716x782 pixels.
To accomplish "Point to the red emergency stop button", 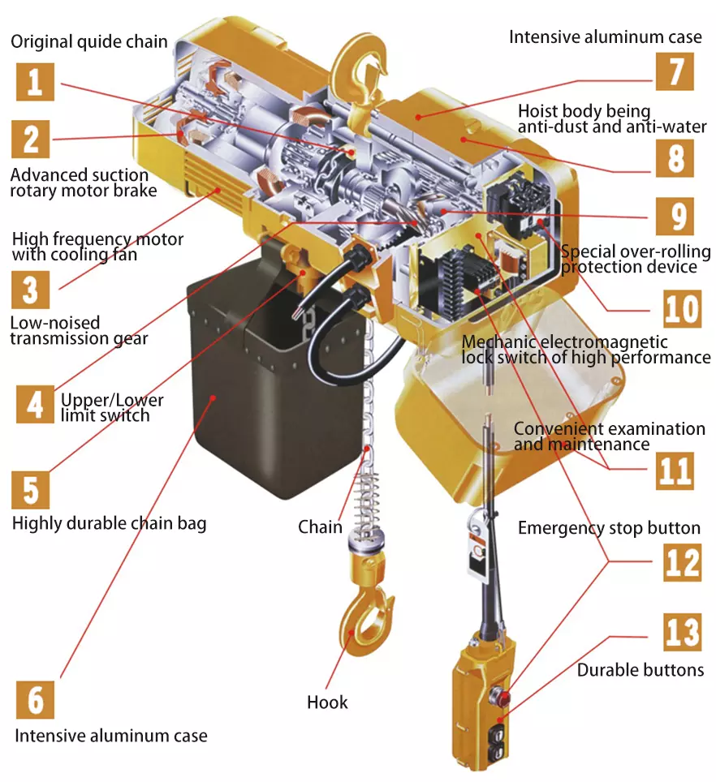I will point(502,695).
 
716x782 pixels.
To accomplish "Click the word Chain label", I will point(320,527).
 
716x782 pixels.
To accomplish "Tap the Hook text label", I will point(327,703).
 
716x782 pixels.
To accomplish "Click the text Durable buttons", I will point(640,670).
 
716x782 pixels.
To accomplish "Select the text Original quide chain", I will point(89,41).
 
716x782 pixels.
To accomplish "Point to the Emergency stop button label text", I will point(609,528).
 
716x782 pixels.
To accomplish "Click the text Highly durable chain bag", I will point(109,523).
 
